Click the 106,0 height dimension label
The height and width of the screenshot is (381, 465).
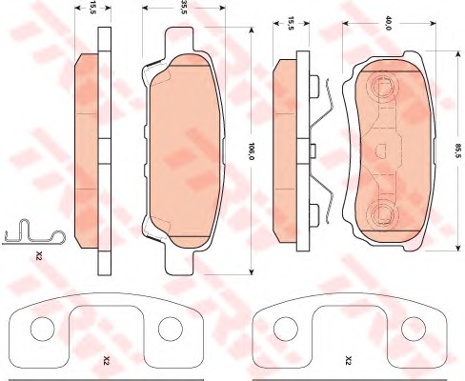(x=252, y=151)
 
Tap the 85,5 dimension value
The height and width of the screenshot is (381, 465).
(x=457, y=151)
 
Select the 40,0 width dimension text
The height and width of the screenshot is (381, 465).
(x=388, y=23)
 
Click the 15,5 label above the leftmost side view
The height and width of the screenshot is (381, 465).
(x=92, y=7)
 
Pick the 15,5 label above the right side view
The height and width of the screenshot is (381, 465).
(x=291, y=23)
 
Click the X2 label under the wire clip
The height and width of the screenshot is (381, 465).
(x=39, y=255)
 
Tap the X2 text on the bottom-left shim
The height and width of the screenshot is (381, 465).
(x=107, y=361)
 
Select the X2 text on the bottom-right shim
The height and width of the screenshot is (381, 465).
(x=349, y=361)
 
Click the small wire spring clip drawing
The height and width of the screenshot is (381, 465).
(x=33, y=232)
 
